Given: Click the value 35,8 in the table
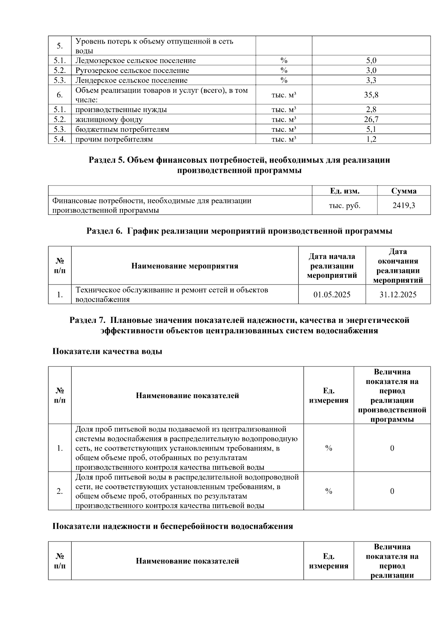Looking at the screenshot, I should (371, 95).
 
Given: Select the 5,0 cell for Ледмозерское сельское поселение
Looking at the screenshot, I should (371, 61).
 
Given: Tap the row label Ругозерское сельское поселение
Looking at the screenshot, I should (132, 70).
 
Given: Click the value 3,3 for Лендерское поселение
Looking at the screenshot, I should (371, 80).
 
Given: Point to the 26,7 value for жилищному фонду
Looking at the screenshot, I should (371, 120).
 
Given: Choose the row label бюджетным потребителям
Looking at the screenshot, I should (122, 130).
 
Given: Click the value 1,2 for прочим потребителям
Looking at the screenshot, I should (371, 140).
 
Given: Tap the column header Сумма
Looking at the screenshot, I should (404, 191).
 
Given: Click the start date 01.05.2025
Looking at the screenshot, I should (332, 295).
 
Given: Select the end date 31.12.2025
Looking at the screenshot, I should (398, 295).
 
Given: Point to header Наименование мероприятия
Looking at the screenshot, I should (185, 266).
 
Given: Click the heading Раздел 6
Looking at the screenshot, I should (239, 231).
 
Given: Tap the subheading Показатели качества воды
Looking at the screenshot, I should (107, 352).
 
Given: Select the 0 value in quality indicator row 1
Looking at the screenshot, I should (392, 448).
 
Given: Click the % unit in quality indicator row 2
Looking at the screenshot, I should (329, 492).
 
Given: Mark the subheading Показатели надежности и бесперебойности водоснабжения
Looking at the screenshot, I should (172, 526).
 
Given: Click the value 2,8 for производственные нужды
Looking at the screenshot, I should (371, 109).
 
